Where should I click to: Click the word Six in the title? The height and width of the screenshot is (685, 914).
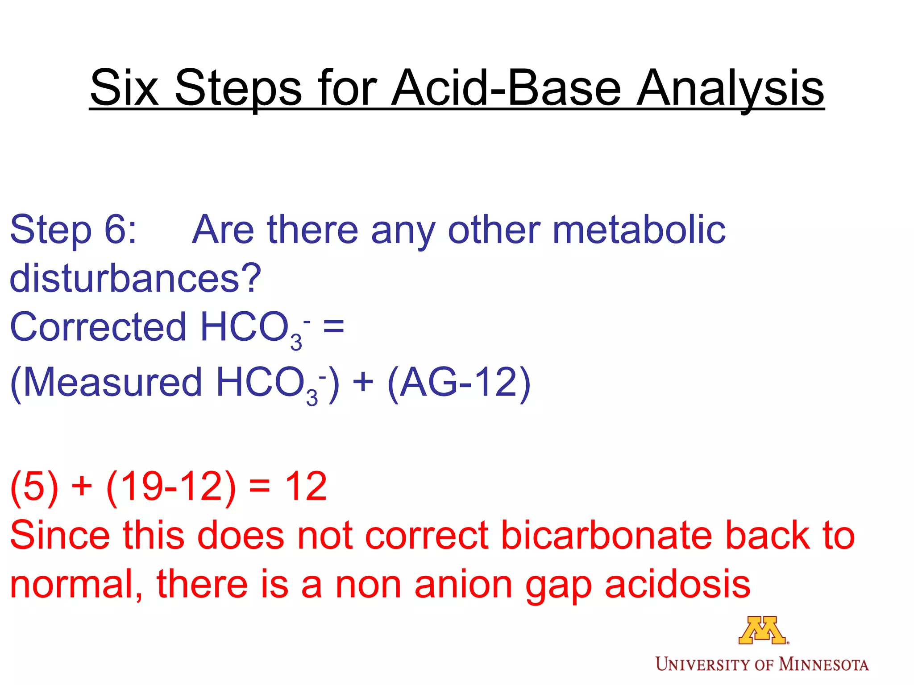click(124, 88)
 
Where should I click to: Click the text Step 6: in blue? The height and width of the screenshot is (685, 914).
click(73, 230)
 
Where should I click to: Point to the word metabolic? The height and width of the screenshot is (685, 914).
click(639, 230)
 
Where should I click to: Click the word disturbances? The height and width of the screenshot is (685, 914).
click(135, 278)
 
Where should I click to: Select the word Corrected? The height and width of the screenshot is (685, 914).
click(98, 327)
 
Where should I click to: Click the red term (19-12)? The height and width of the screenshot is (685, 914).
click(171, 487)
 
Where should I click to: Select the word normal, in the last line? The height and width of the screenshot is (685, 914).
click(76, 584)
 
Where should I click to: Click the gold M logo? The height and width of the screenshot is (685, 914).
click(762, 630)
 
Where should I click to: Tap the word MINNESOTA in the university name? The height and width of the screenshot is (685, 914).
click(823, 664)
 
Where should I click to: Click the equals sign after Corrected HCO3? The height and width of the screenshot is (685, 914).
click(333, 327)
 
